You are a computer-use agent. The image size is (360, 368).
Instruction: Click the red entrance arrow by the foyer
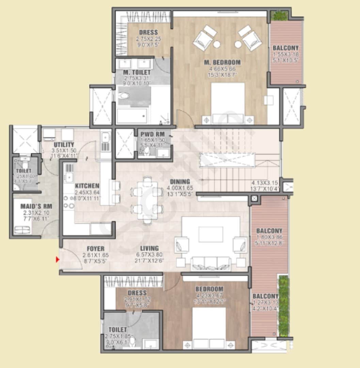[58, 260]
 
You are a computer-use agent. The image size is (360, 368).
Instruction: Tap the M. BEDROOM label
[222, 62]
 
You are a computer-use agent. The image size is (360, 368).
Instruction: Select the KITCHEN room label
[87, 186]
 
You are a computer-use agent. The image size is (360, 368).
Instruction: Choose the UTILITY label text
[64, 145]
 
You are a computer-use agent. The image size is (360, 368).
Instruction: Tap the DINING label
[180, 182]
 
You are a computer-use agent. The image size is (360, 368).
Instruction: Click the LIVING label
[149, 248]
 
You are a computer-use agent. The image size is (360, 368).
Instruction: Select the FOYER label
[95, 248]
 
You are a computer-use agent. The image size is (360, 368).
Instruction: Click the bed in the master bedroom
[228, 102]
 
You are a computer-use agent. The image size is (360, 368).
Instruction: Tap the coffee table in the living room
[211, 235]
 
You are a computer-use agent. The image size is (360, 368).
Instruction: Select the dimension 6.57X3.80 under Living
[149, 255]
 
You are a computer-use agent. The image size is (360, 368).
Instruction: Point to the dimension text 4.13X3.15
[265, 183]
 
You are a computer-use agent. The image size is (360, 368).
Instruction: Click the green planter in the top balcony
[279, 15]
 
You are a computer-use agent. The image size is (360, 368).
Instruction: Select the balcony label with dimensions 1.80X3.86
[269, 231]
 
